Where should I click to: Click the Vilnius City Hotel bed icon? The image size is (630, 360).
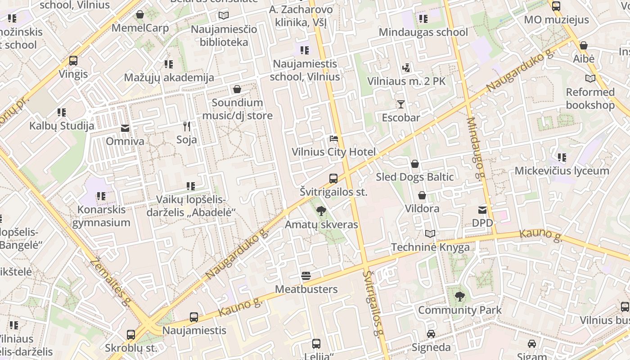pos(333,139)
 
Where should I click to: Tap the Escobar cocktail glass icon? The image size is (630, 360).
pos(400,104)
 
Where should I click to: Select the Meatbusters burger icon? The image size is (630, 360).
pos(306,276)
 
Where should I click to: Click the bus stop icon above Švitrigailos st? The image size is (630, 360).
pos(333,179)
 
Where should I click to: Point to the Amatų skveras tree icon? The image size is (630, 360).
pos(321,211)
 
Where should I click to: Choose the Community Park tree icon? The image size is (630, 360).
pos(459,297)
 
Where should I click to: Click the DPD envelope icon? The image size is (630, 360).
pos(482,210)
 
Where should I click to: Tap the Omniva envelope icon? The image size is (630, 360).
pos(125,128)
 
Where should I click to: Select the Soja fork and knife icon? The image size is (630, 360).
pos(187,126)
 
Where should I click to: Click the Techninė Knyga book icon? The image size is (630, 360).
pos(430,234)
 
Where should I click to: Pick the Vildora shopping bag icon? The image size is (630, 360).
pos(422,195)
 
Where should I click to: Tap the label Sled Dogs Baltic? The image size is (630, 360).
pos(414,177)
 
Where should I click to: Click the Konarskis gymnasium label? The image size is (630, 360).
pos(101,216)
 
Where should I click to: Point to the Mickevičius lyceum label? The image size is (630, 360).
pos(562,171)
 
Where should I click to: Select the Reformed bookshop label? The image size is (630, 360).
pos(590,99)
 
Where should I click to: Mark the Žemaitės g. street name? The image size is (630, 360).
pos(110,282)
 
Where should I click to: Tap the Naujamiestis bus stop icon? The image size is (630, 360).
pos(194,317)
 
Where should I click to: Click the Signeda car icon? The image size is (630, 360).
pos(431,334)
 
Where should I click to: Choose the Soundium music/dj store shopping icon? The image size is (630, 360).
pos(237,89)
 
